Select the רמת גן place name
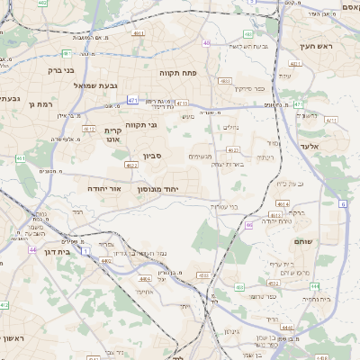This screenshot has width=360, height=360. click(x=52, y=104)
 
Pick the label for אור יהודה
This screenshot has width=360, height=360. click(x=107, y=190)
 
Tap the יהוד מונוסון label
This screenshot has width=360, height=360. click(x=159, y=190)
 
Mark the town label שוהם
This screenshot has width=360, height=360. click(x=304, y=240)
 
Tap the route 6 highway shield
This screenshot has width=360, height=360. click(x=343, y=205)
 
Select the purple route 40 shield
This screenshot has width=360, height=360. click(x=207, y=42)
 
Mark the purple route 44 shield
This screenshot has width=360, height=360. click(x=32, y=249)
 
